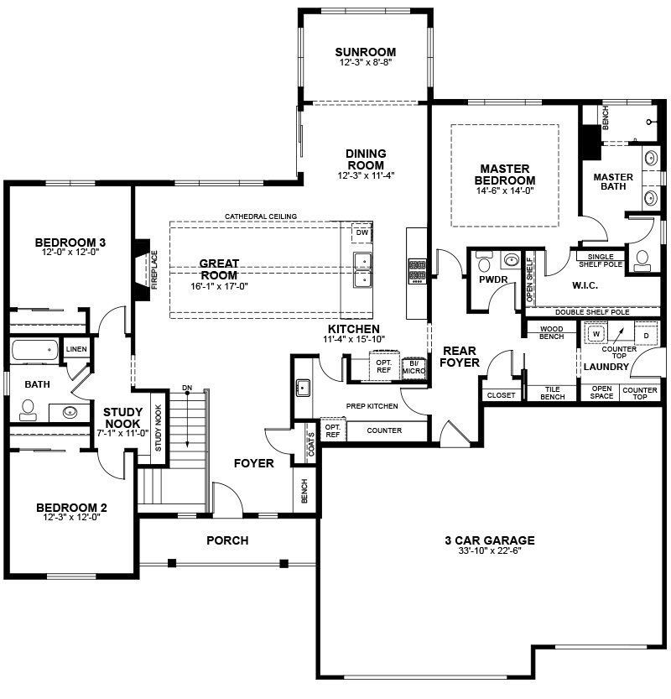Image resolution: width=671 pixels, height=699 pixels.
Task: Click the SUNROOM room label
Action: (366, 52)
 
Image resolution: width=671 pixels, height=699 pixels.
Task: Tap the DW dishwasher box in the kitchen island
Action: (362, 232)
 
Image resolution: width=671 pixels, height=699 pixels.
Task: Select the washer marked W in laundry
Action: (596, 334)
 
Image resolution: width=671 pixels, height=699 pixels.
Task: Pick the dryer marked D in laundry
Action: (646, 336)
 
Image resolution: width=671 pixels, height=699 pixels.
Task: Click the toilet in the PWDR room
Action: (483, 262)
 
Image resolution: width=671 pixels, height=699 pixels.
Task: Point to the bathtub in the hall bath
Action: (34, 351)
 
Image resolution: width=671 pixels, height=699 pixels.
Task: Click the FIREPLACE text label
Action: (154, 270)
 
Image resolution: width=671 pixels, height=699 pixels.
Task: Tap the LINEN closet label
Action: (76, 349)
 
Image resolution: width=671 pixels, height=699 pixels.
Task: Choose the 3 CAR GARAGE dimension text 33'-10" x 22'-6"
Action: (490, 550)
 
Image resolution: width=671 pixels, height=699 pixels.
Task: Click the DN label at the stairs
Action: (187, 388)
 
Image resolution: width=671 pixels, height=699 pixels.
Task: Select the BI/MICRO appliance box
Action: (414, 368)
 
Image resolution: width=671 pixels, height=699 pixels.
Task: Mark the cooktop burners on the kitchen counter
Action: (418, 270)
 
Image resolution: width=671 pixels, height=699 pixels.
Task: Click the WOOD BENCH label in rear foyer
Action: (552, 332)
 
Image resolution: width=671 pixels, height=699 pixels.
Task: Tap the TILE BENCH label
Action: (553, 394)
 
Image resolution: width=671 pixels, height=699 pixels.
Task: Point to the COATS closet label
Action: (311, 445)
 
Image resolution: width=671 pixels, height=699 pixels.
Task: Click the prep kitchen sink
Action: (304, 388)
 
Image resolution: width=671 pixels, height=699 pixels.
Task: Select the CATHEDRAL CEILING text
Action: (261, 216)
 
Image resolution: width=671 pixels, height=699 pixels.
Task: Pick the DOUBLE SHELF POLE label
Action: (592, 312)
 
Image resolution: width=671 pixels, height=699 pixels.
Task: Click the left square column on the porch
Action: (172, 563)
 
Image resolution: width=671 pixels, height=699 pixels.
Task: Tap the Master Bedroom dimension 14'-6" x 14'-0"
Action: (505, 190)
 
